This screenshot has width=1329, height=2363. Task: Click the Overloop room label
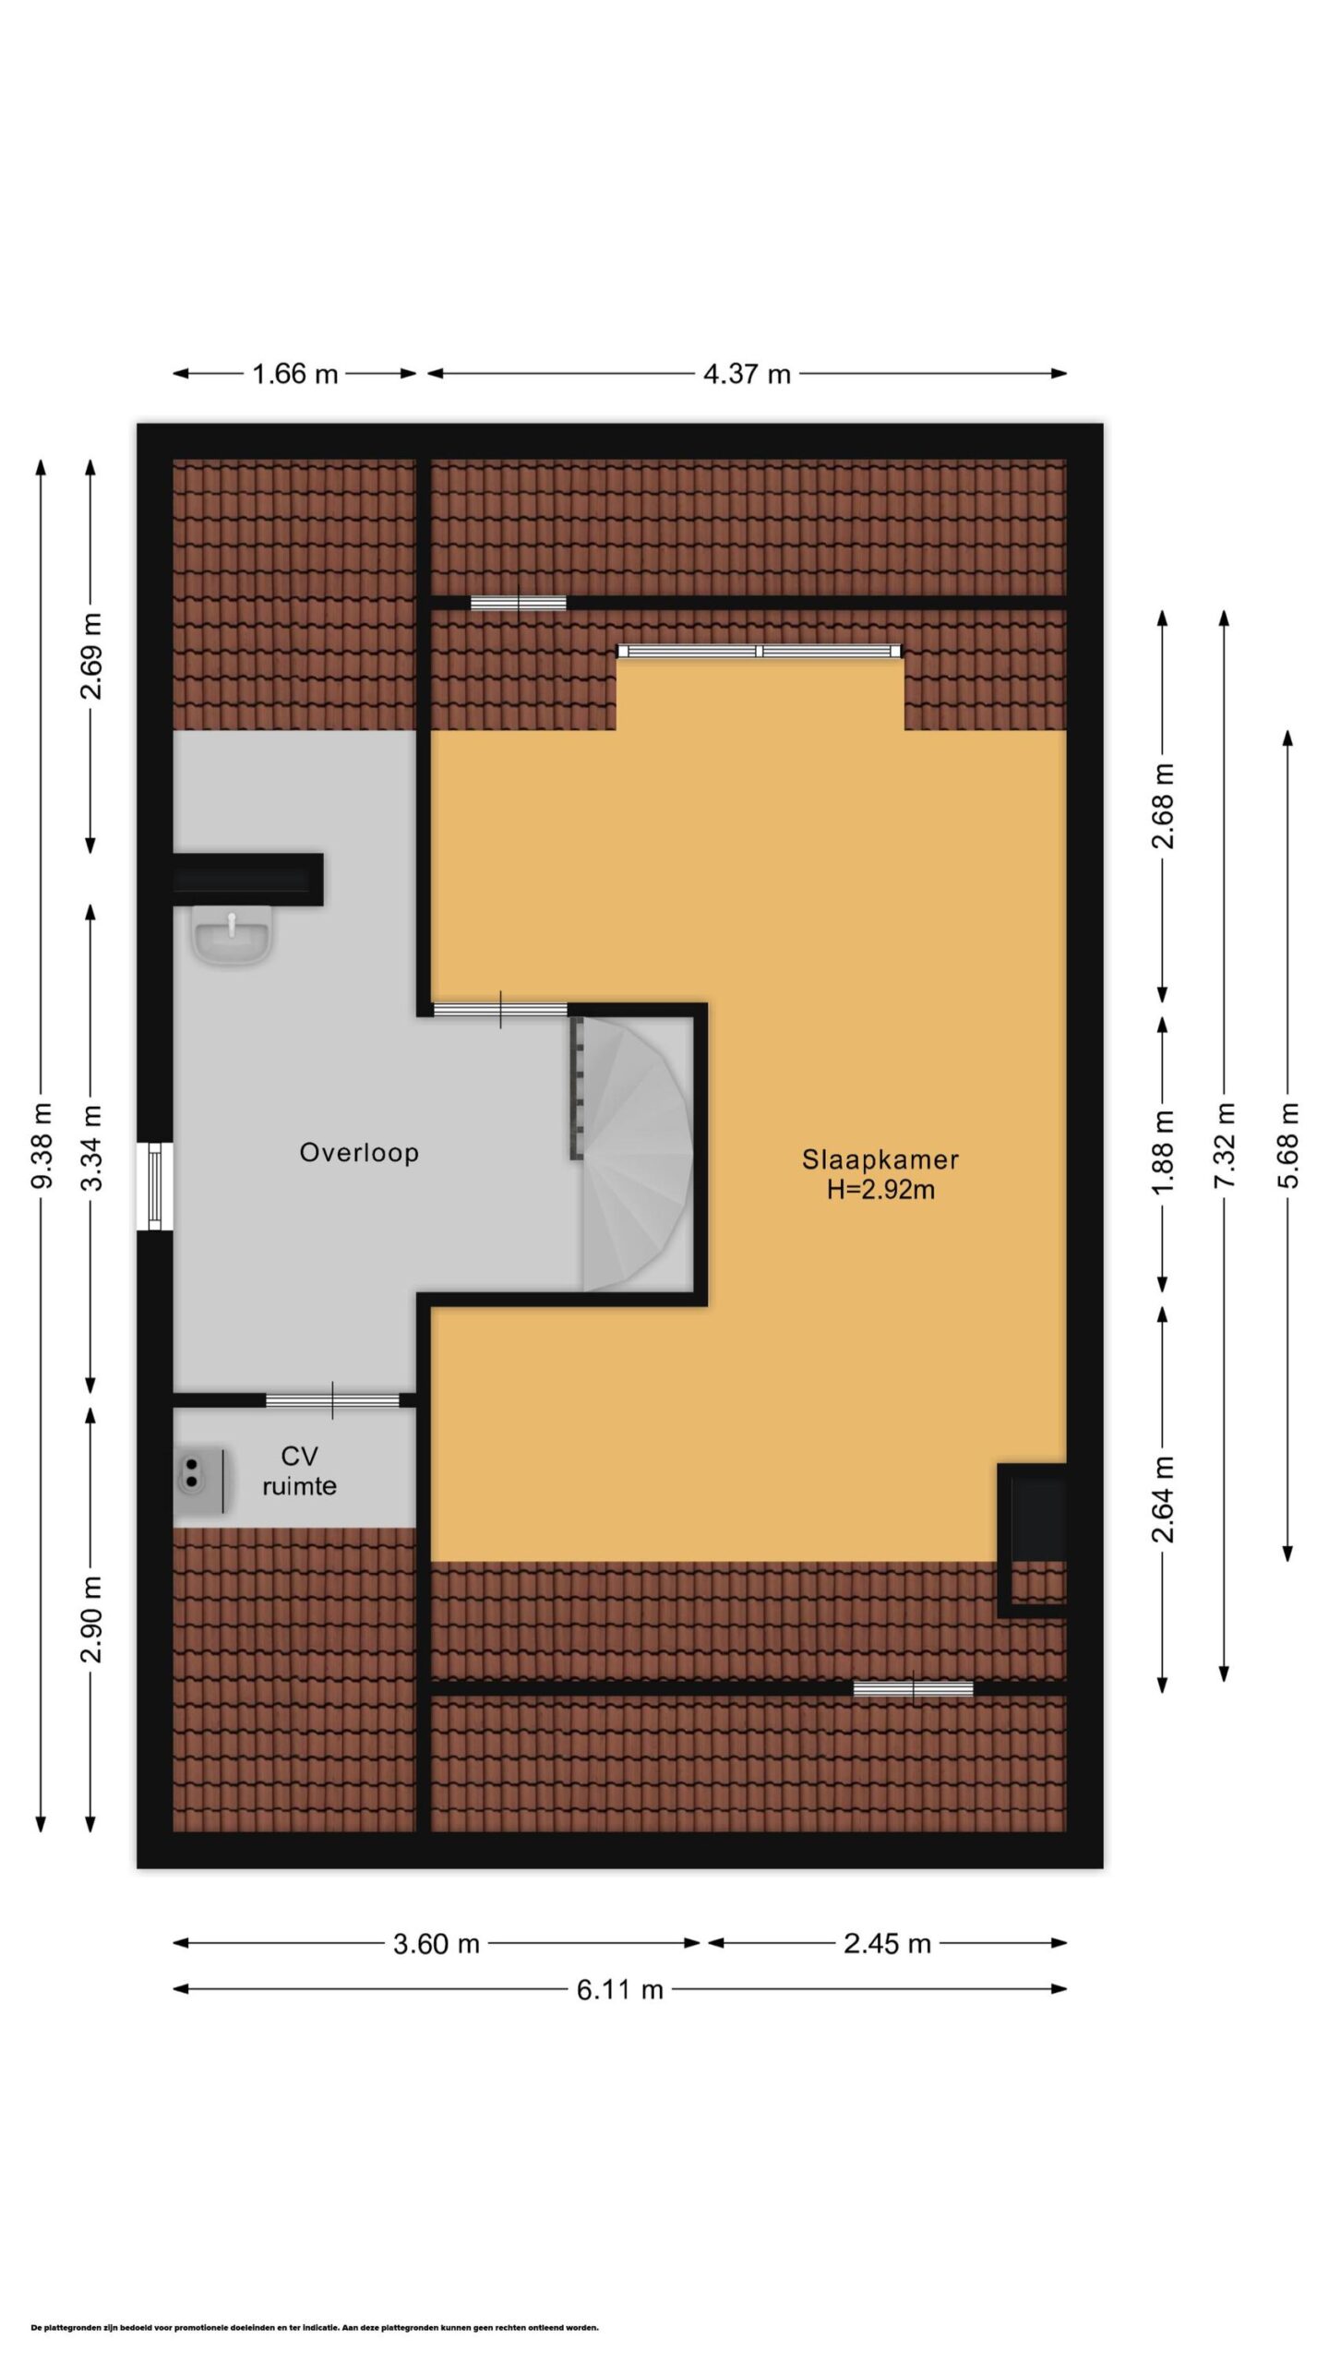[x=359, y=1153]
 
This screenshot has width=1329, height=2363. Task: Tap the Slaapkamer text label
[x=880, y=1159]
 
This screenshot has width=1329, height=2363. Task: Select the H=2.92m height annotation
[x=880, y=1190]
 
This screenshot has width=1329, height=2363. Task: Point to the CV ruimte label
[x=299, y=1471]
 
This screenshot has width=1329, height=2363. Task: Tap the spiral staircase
[x=633, y=1154]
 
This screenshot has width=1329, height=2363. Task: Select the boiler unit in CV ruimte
[x=200, y=1481]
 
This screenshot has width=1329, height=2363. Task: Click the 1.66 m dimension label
[x=295, y=374]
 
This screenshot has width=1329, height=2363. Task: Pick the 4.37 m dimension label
[x=747, y=374]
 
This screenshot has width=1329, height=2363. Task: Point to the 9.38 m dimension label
[x=42, y=1146]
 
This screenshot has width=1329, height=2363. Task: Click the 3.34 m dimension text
[x=92, y=1147]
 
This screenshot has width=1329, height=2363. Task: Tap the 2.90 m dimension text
[x=92, y=1619]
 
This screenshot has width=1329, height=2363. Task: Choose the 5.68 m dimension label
[x=1288, y=1146]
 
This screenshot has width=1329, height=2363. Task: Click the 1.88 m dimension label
[x=1163, y=1152]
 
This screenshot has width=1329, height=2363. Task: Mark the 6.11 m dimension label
[x=620, y=1989]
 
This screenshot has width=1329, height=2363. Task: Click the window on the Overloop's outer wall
[x=155, y=1186]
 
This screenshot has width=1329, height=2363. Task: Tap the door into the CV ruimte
[x=332, y=1400]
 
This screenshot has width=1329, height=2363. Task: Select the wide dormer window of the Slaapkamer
[x=760, y=651]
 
